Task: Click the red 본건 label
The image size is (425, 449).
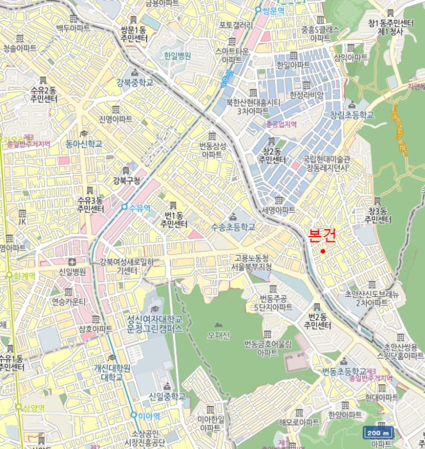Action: [x=322, y=235]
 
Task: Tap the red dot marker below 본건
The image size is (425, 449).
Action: [x=323, y=251]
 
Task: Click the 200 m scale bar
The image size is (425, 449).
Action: [x=378, y=432]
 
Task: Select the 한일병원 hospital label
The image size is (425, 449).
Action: [x=177, y=56]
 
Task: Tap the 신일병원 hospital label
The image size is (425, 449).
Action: [x=72, y=271]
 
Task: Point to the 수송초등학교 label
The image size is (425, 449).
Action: [x=233, y=227]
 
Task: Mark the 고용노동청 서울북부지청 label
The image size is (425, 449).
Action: [x=253, y=262]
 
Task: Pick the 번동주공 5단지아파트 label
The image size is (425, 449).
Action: [x=272, y=302]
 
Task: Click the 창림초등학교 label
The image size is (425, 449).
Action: [x=352, y=115]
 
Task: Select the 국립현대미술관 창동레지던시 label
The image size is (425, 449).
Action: [x=326, y=163]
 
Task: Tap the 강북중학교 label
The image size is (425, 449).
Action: [x=135, y=82]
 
